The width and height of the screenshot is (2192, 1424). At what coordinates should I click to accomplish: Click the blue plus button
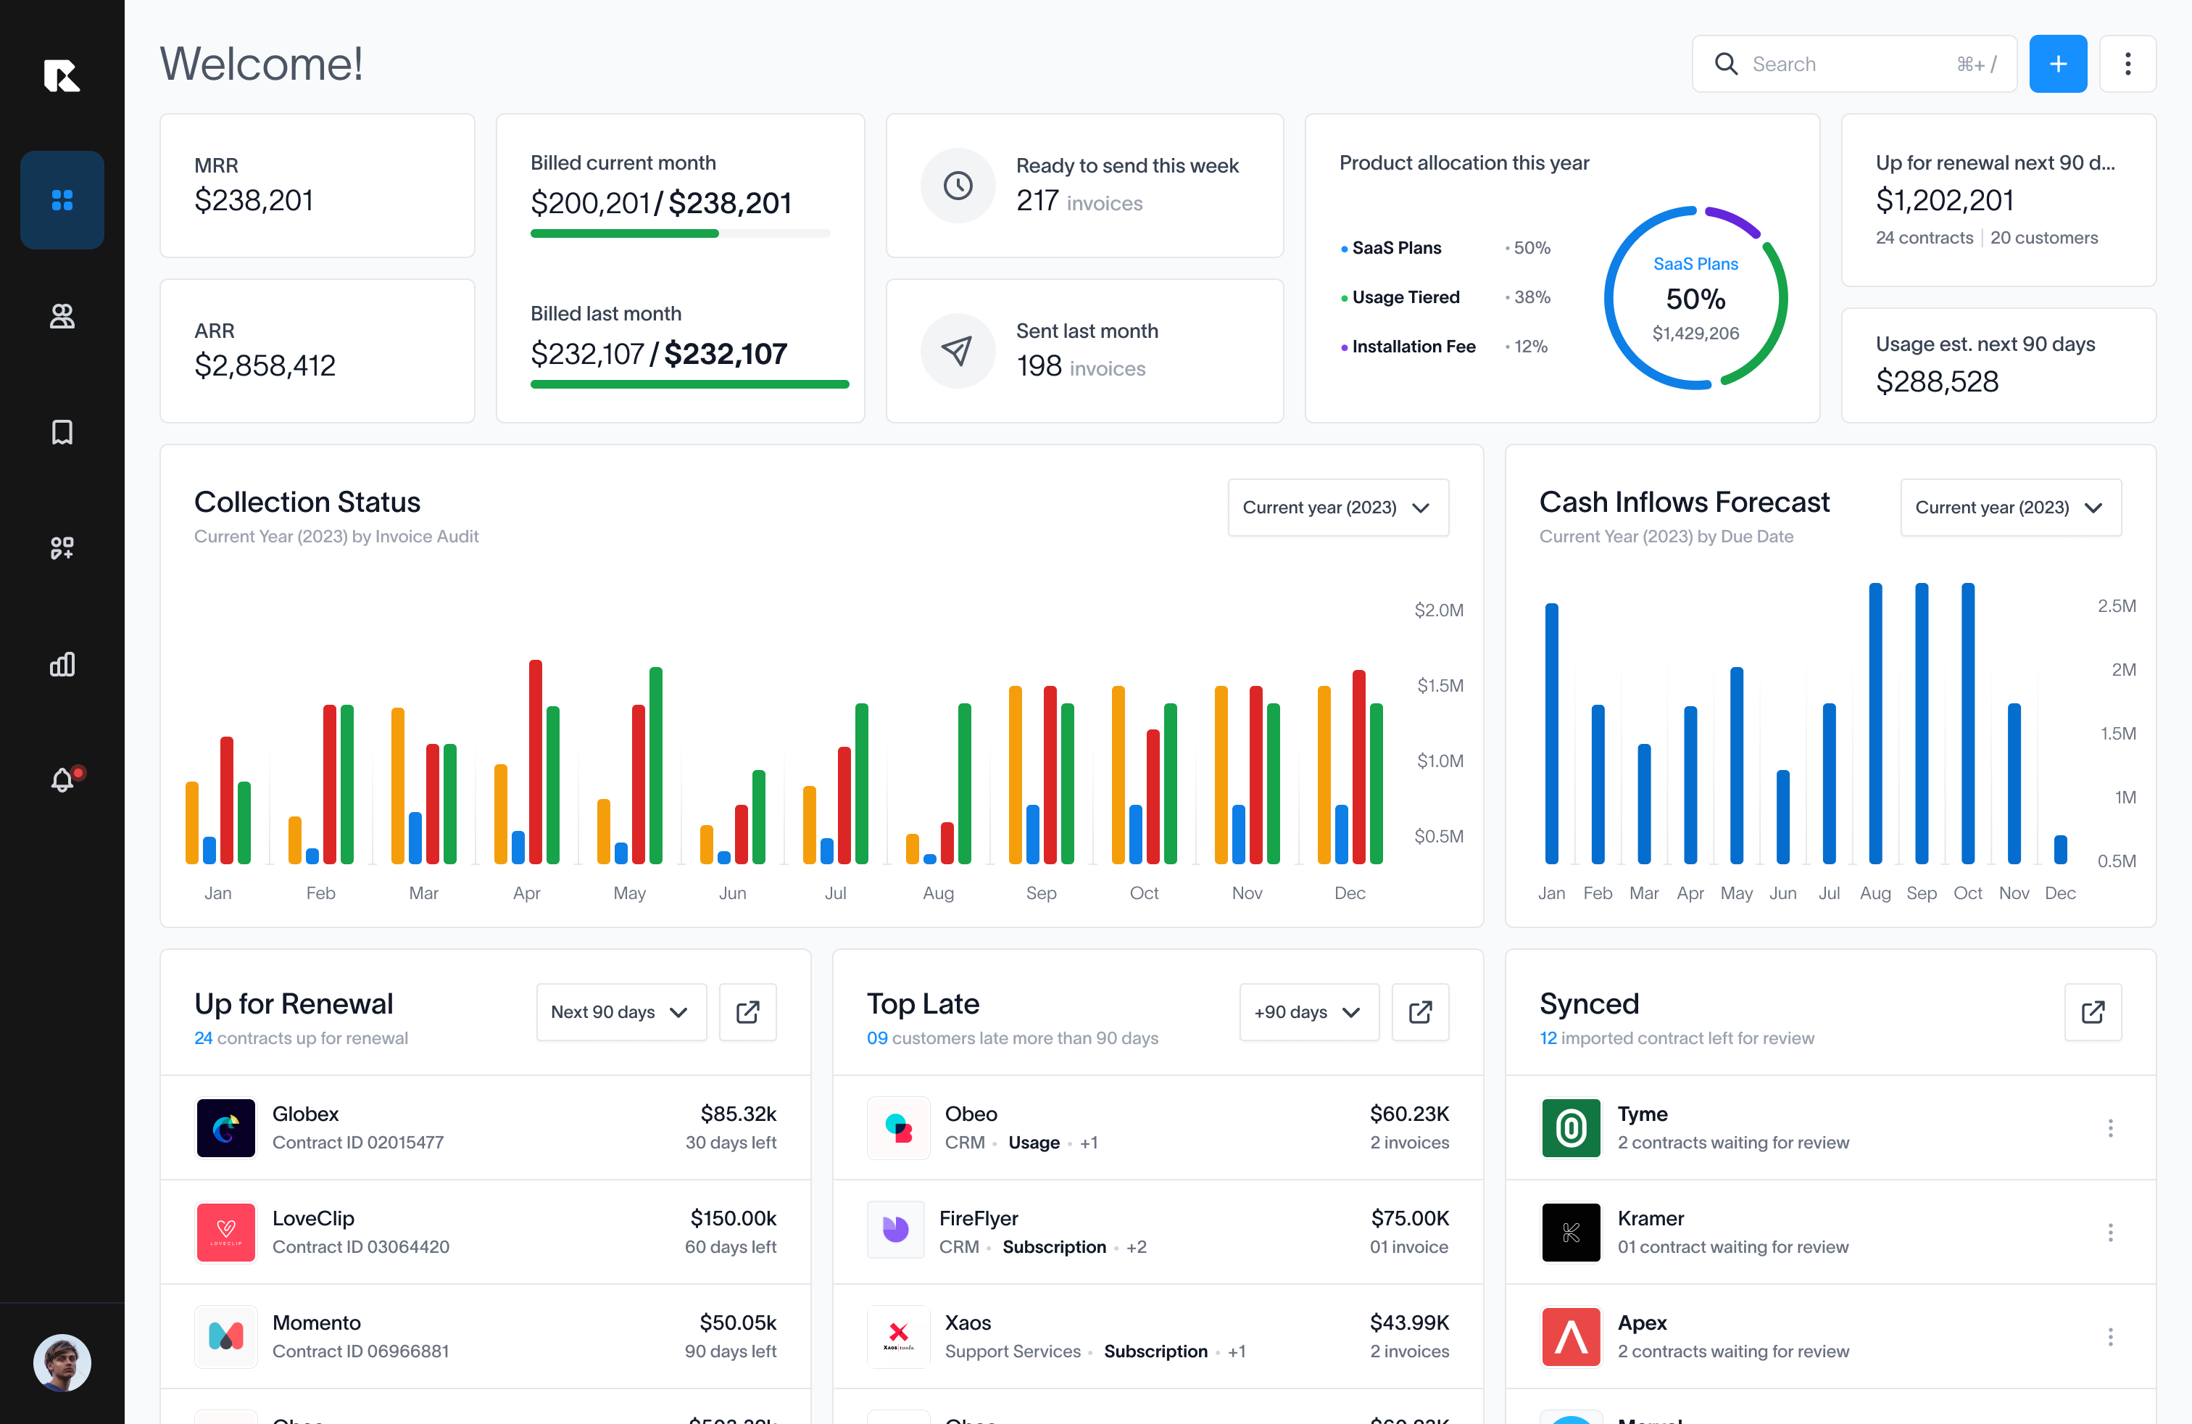(2057, 64)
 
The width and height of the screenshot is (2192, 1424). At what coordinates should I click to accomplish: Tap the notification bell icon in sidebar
(62, 780)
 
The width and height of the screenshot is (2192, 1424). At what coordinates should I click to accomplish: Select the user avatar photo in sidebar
(62, 1362)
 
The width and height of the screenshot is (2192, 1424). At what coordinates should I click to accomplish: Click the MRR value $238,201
(253, 200)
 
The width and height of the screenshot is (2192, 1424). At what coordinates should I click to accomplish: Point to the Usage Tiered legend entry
(1406, 297)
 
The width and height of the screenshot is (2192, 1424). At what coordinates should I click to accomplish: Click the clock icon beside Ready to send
(958, 185)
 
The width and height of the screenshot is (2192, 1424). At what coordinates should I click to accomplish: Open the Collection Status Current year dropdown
(1337, 508)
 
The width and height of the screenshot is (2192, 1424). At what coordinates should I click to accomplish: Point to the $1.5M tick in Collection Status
(1440, 685)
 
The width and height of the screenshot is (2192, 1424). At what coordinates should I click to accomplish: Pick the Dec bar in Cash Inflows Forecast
(2060, 849)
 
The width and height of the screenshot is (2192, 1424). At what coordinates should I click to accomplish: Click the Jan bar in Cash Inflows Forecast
(1552, 733)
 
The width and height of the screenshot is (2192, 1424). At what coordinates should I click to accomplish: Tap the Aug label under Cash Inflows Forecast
(1875, 893)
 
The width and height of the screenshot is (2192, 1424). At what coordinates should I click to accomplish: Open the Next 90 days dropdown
(620, 1012)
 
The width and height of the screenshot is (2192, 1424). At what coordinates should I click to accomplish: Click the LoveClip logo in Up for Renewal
(225, 1231)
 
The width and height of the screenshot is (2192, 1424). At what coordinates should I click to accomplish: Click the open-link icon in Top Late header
(1420, 1012)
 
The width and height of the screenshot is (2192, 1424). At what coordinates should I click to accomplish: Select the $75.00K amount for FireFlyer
(1409, 1217)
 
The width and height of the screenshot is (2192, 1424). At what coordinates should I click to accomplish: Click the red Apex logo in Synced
(1572, 1336)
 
